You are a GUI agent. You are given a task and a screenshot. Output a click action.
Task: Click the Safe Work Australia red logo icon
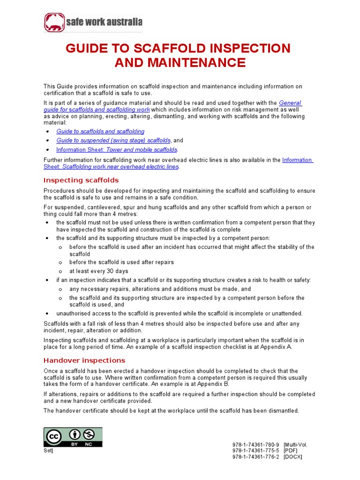[x=55, y=22]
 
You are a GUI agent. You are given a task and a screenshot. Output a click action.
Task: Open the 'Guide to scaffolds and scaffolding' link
[x=100, y=132]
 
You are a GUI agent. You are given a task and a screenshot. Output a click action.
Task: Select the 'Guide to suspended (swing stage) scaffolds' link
[x=113, y=141]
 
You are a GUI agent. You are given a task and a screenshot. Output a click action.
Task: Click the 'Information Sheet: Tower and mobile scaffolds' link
[x=117, y=150]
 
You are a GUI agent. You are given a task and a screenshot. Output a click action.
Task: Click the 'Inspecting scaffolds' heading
[x=81, y=180]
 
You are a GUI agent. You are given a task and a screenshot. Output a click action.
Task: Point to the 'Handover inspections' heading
[x=84, y=360]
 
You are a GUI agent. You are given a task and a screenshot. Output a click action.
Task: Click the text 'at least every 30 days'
[x=98, y=271]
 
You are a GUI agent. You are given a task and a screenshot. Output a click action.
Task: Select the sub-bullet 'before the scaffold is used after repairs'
[x=121, y=262]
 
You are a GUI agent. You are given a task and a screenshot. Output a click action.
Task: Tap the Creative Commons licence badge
[x=73, y=436]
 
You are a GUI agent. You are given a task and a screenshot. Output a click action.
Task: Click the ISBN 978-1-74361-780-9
[x=255, y=444]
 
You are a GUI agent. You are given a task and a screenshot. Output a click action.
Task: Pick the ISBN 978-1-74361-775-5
[x=255, y=450]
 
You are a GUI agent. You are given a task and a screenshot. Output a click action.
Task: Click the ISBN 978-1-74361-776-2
[x=255, y=457]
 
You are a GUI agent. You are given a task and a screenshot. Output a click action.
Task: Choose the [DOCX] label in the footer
[x=293, y=457]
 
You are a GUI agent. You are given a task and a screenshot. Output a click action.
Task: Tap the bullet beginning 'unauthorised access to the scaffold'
[x=180, y=314]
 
